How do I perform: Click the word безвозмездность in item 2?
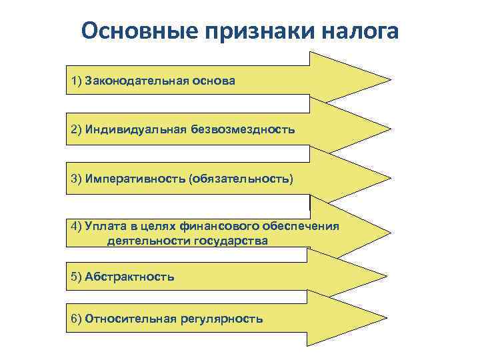coord(241,129)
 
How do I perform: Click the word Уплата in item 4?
coord(102,226)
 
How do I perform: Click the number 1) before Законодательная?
coord(75,81)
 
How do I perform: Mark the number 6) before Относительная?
coord(75,319)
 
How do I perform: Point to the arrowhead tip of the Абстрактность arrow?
coord(389,275)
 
